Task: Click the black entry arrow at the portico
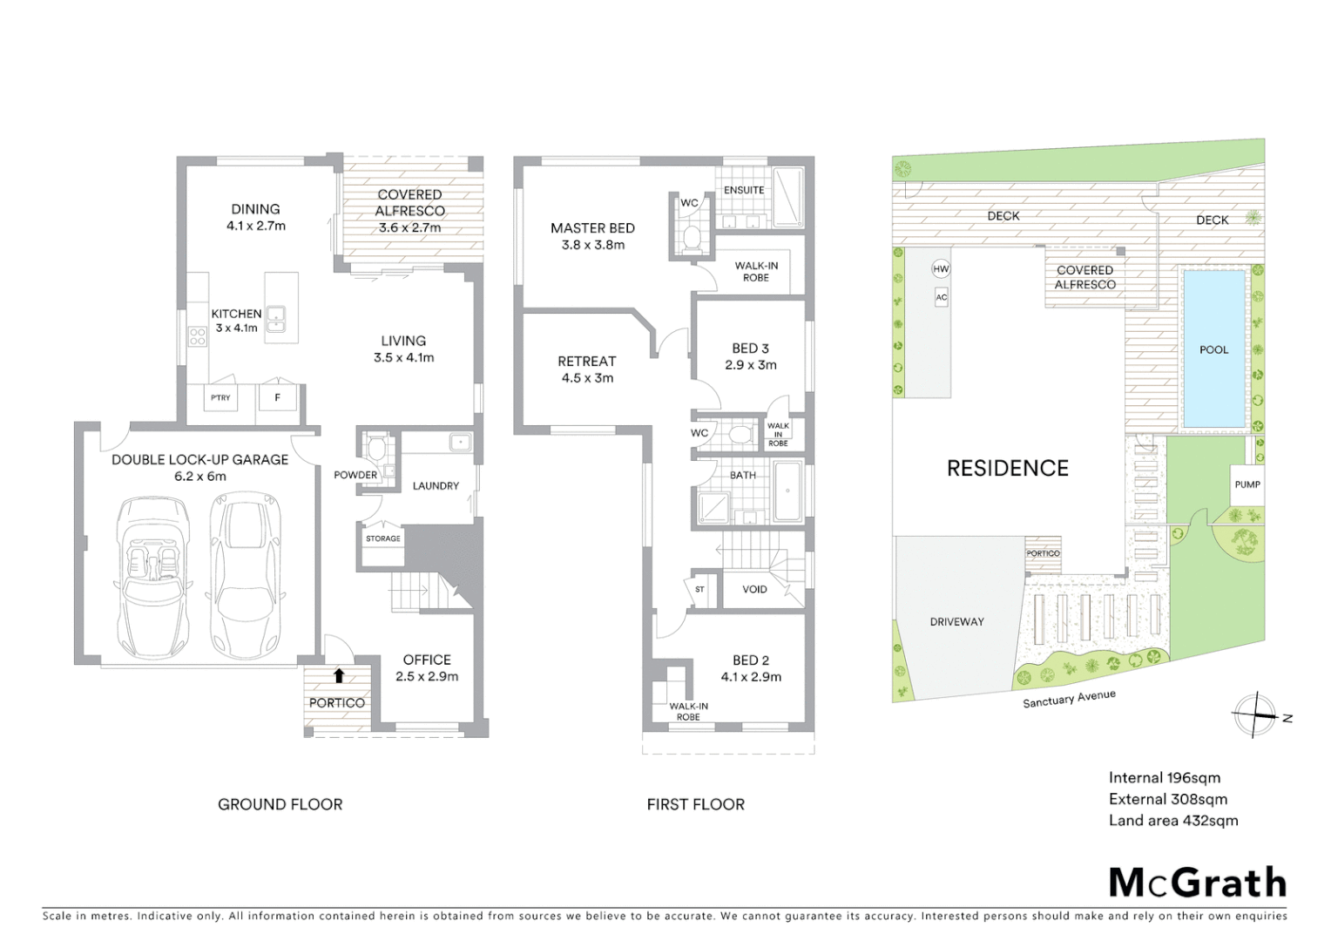coord(338,675)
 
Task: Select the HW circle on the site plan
coord(941,269)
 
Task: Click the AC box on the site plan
coord(941,297)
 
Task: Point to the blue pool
coord(1213,349)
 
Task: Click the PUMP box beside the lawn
coord(1247,484)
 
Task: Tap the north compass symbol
coord(1254,716)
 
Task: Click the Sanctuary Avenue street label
coord(1069,699)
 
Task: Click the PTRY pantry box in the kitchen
coord(221,398)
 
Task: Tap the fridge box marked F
coord(278,398)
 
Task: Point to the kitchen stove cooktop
coord(198,335)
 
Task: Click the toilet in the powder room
coord(376,449)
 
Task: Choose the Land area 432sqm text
coord(1172,820)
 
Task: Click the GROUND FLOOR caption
coord(280,804)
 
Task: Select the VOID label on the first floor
coord(754,589)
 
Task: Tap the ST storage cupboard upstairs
coord(699,590)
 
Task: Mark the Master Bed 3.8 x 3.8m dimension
coord(592,245)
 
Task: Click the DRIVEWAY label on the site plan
coord(956,621)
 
